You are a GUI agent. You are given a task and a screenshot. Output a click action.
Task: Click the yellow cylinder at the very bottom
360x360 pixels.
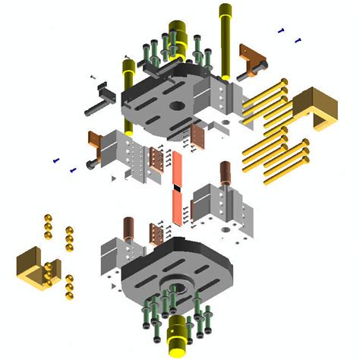[176, 335]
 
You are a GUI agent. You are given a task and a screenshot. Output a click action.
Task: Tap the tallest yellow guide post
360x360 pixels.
[226, 38]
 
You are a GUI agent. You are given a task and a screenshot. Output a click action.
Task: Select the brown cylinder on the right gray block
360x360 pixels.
[226, 174]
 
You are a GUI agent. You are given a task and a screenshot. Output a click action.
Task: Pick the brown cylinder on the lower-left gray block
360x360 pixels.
[129, 228]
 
